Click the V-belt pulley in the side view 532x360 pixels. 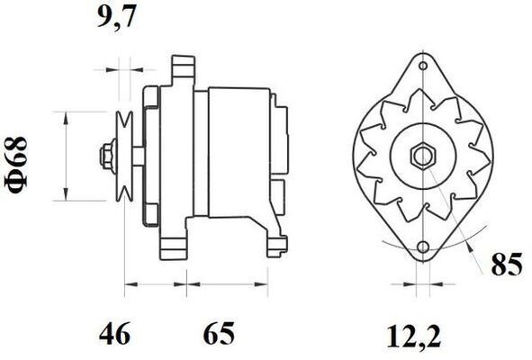click(x=125, y=156)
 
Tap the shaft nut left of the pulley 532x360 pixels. click(x=106, y=156)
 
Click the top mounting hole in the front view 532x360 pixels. click(x=422, y=66)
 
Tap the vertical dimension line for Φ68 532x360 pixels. click(x=65, y=156)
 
